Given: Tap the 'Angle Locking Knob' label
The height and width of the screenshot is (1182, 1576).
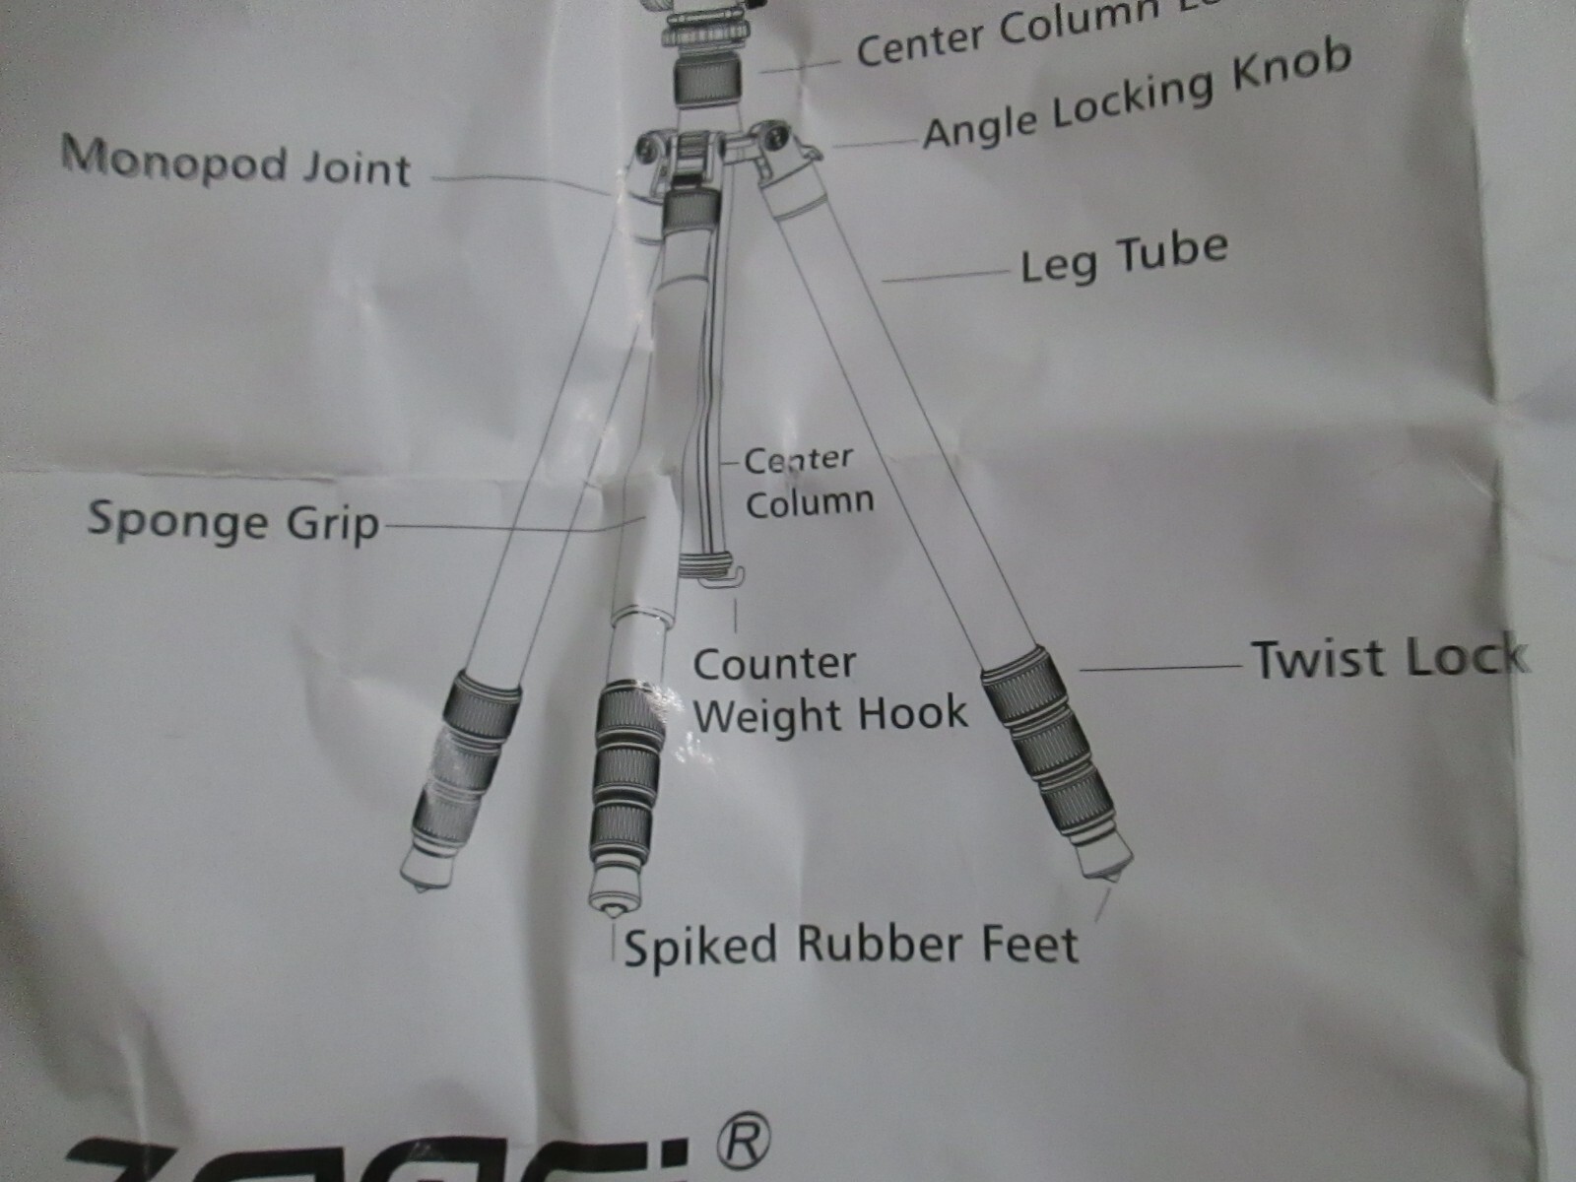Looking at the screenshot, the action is point(1136,97).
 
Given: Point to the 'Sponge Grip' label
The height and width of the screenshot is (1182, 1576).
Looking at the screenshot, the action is point(233,522).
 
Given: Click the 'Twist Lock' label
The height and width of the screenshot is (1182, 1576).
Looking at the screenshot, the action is point(1389,658).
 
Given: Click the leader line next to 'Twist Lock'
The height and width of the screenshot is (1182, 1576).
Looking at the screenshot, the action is point(1162,668).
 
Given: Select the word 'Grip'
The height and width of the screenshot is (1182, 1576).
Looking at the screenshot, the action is point(332,525).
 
